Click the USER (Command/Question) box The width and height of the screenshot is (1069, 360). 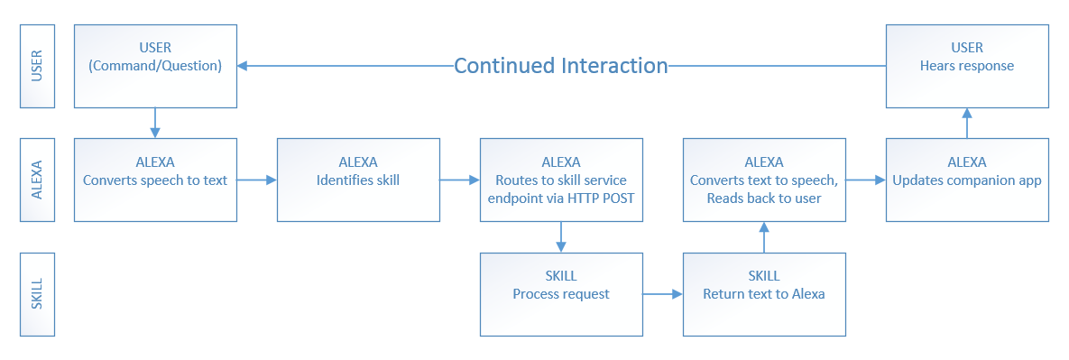tap(155, 66)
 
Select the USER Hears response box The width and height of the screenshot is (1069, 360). tap(967, 66)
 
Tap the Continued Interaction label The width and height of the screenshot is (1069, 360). tap(561, 66)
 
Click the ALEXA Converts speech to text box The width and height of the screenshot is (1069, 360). tap(155, 180)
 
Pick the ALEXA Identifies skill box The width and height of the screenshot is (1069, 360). tap(358, 180)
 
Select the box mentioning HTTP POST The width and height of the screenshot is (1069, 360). tap(561, 180)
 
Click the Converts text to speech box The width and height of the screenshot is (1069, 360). tap(764, 180)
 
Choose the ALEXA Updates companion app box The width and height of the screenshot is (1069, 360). tap(967, 180)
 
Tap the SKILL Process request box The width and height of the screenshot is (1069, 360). tap(561, 294)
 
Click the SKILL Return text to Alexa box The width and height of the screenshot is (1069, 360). tap(764, 294)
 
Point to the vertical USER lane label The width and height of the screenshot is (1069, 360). tap(38, 66)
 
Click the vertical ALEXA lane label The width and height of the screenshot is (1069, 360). tap(38, 180)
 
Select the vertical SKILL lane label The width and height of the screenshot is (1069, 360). tap(38, 294)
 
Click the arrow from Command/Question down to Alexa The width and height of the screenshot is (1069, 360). tap(155, 123)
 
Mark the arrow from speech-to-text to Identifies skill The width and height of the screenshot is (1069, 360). tap(257, 180)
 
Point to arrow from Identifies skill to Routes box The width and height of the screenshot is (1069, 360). tap(460, 180)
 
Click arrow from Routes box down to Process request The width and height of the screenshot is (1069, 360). tap(561, 237)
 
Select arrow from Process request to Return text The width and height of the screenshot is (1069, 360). tap(663, 294)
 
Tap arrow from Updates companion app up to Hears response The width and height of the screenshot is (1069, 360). tap(967, 123)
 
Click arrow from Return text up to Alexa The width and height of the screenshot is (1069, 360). tap(764, 237)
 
